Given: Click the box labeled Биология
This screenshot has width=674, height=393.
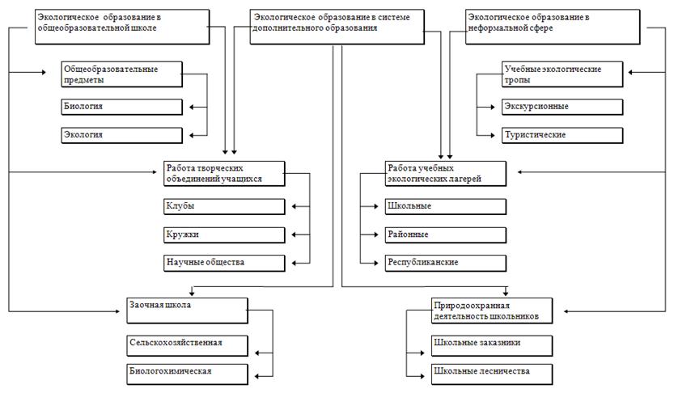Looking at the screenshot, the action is click(x=121, y=107).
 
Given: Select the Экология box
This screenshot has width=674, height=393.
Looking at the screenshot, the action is click(x=121, y=135).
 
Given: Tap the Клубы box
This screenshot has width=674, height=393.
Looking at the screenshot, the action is click(x=224, y=206).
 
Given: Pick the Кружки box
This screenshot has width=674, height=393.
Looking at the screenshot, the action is click(x=224, y=235).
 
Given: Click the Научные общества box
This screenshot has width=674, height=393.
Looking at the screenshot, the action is click(x=224, y=263).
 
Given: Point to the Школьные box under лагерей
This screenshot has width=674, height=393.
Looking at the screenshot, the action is click(x=445, y=206).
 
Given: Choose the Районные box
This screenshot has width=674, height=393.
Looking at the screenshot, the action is click(x=445, y=235).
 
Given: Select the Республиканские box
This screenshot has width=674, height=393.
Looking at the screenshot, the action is click(x=445, y=263).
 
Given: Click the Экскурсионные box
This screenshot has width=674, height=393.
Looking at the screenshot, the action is click(x=562, y=107).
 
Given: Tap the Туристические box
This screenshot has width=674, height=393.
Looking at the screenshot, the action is click(x=562, y=135).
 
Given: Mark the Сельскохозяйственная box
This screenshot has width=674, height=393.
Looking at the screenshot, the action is click(x=187, y=346).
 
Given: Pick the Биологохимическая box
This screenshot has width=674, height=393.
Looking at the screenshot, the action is click(x=187, y=374).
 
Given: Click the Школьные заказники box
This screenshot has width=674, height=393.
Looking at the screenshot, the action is click(x=492, y=346).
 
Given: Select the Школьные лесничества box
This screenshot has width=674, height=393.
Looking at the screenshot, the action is click(x=492, y=374).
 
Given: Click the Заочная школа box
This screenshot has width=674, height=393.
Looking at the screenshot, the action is click(x=187, y=311).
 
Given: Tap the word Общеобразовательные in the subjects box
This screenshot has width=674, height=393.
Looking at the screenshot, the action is click(x=111, y=70).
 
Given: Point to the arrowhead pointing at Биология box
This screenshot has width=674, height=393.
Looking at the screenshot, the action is click(x=192, y=107).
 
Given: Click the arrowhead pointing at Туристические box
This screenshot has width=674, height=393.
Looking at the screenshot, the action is click(x=493, y=135).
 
